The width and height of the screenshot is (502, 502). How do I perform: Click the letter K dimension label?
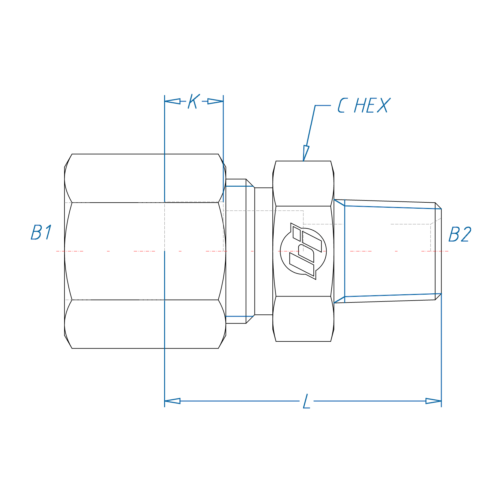coord(194,101)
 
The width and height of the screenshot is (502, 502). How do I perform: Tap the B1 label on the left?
coord(41,232)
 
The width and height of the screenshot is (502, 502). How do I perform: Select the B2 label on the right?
coord(460,234)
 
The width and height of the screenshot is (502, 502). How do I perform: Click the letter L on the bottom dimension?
coord(307,401)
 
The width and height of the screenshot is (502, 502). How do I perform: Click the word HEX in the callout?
coord(372,105)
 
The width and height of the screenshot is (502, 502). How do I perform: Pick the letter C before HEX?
coord(342,105)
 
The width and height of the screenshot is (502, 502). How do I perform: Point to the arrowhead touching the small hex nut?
coord(305,154)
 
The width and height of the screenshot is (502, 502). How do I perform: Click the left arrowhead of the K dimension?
coord(172,101)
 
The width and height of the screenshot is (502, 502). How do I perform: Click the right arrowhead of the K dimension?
coord(216,101)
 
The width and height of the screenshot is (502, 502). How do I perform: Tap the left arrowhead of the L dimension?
coord(172,401)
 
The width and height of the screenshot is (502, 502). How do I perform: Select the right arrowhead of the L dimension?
coord(434,401)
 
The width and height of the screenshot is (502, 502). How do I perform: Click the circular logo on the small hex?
coord(303,251)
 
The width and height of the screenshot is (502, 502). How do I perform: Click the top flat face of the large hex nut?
coord(145,178)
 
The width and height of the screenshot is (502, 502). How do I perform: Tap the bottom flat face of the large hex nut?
coord(145,324)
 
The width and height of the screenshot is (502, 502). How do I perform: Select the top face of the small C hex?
coord(303,184)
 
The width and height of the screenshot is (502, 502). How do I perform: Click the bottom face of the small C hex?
coord(303,319)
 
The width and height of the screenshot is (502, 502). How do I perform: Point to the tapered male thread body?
coord(389,251)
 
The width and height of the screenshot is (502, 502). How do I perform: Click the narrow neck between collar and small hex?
coord(264,251)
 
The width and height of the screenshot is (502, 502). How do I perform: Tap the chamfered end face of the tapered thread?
coord(438,251)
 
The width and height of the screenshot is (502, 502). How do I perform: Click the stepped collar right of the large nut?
coord(236,251)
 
